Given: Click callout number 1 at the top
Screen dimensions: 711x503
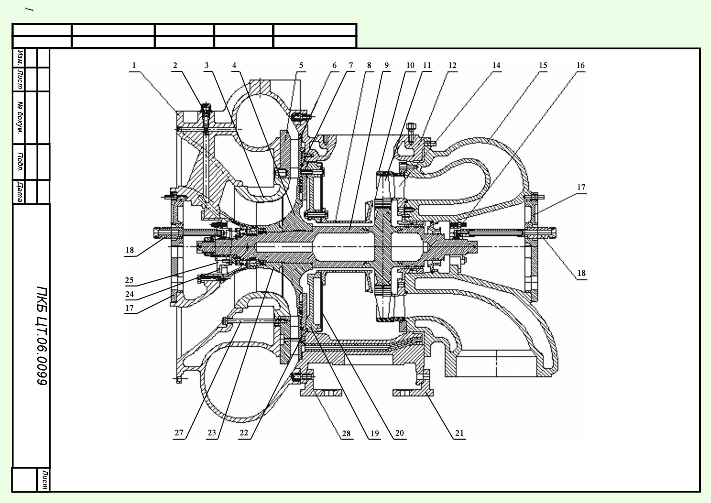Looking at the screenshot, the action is tap(134, 65).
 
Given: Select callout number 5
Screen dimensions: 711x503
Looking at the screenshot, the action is tap(301, 65).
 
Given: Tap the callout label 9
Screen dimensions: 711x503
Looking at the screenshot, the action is tap(386, 65).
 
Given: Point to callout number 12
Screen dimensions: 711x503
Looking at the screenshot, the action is tap(452, 65).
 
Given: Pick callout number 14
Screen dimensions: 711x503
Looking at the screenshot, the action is tap(496, 65).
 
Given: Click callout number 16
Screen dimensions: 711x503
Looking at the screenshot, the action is tap(581, 65).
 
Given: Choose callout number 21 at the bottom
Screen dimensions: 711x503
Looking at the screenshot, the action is tap(459, 433).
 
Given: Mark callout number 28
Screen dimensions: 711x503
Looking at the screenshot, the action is tap(346, 434).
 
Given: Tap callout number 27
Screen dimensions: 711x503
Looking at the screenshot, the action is tap(179, 433).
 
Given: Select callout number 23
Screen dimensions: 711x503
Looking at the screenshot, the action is tap(212, 433).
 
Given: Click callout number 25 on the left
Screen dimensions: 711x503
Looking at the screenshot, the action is tap(129, 280).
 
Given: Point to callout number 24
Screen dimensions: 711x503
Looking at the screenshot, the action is tap(129, 294).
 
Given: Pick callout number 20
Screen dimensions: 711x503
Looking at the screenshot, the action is tap(400, 433).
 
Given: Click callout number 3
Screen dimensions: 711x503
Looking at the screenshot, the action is tap(207, 65).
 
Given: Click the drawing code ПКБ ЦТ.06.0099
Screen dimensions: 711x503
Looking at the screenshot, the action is tap(42, 335).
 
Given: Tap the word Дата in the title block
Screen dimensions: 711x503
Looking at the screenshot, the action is tap(19, 192).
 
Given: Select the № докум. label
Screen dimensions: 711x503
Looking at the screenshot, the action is tap(19, 118).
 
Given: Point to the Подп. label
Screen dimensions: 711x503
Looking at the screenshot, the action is tap(19, 162).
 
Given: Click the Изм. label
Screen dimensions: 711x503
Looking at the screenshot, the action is tap(19, 58).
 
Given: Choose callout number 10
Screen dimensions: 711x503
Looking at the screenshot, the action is tap(410, 65).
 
